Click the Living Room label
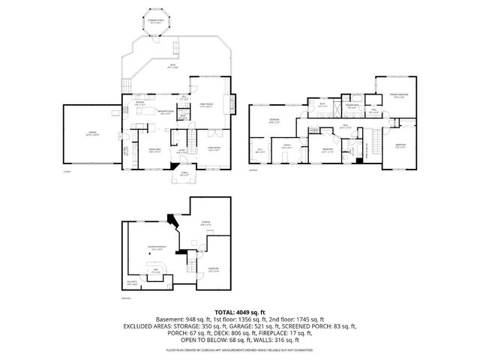[x=214, y=148]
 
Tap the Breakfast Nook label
[x=165, y=112]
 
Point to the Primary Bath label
[x=349, y=106]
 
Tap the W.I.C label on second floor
[x=259, y=151]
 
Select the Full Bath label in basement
[x=133, y=283]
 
